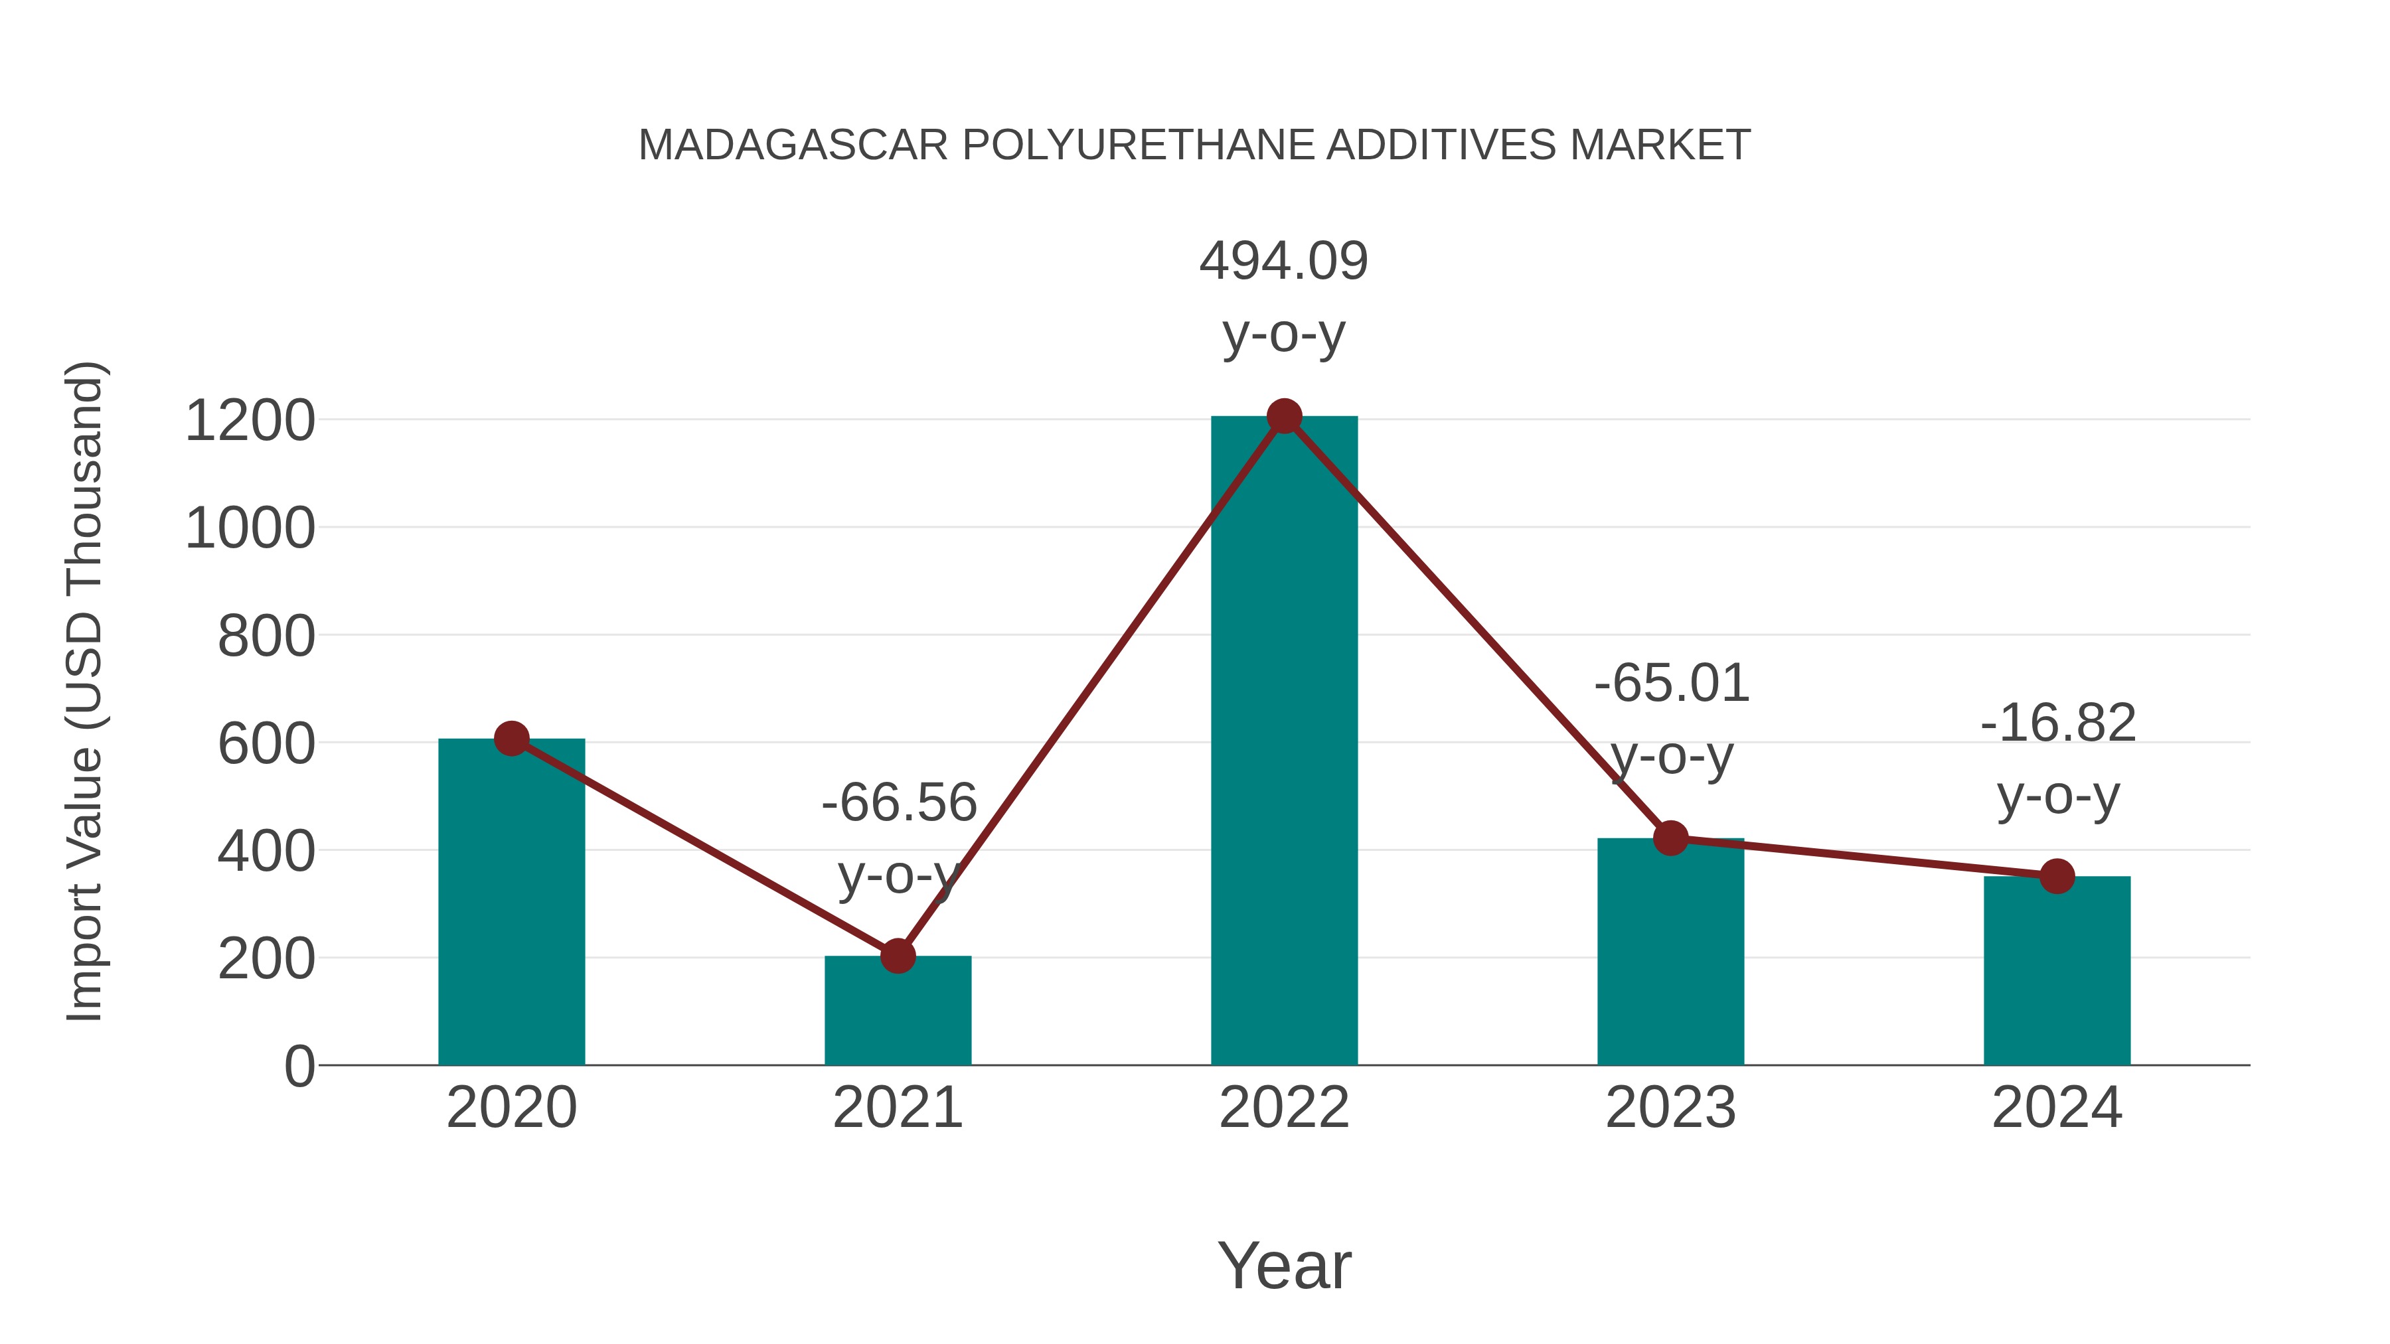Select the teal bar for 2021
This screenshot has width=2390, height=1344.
click(x=897, y=1015)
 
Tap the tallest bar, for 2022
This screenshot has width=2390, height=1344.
click(x=1284, y=742)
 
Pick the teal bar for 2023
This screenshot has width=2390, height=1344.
click(x=1670, y=955)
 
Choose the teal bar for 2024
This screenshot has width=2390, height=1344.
click(x=2057, y=974)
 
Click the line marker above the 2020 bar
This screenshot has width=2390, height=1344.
click(x=511, y=739)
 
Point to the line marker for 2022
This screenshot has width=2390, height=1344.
click(x=1284, y=416)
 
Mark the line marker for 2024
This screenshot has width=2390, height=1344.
click(x=2057, y=875)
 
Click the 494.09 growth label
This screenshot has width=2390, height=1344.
click(x=1284, y=261)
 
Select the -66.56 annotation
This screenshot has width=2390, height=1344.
click(x=899, y=802)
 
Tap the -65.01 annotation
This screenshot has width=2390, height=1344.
click(x=1672, y=684)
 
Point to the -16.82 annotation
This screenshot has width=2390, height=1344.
click(x=2058, y=723)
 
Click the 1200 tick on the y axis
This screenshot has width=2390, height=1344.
click(x=250, y=421)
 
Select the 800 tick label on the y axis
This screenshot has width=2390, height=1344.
click(x=266, y=637)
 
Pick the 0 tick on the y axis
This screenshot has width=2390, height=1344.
click(x=299, y=1067)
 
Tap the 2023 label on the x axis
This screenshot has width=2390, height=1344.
click(x=1670, y=1108)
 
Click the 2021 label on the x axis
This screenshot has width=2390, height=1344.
click(x=897, y=1108)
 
